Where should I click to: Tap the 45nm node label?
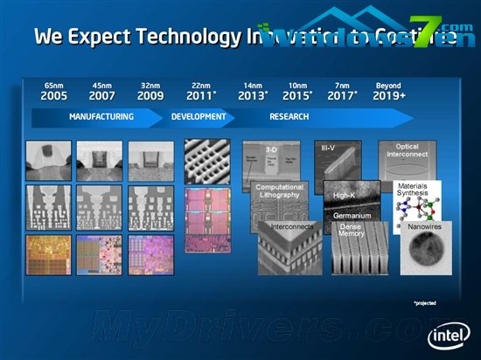coord(103,86)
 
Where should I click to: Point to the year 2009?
coord(151,95)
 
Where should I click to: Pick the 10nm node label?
coord(297,86)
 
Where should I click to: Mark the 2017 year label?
coord(343,95)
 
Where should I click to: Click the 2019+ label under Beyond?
coord(389,95)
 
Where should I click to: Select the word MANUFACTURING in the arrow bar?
coord(101,116)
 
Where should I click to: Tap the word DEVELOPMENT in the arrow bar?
coord(199,116)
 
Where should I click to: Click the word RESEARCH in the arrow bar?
coord(289,116)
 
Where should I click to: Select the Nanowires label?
coord(425,227)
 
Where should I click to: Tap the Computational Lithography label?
coord(279,190)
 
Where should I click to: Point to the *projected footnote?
coord(425,303)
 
